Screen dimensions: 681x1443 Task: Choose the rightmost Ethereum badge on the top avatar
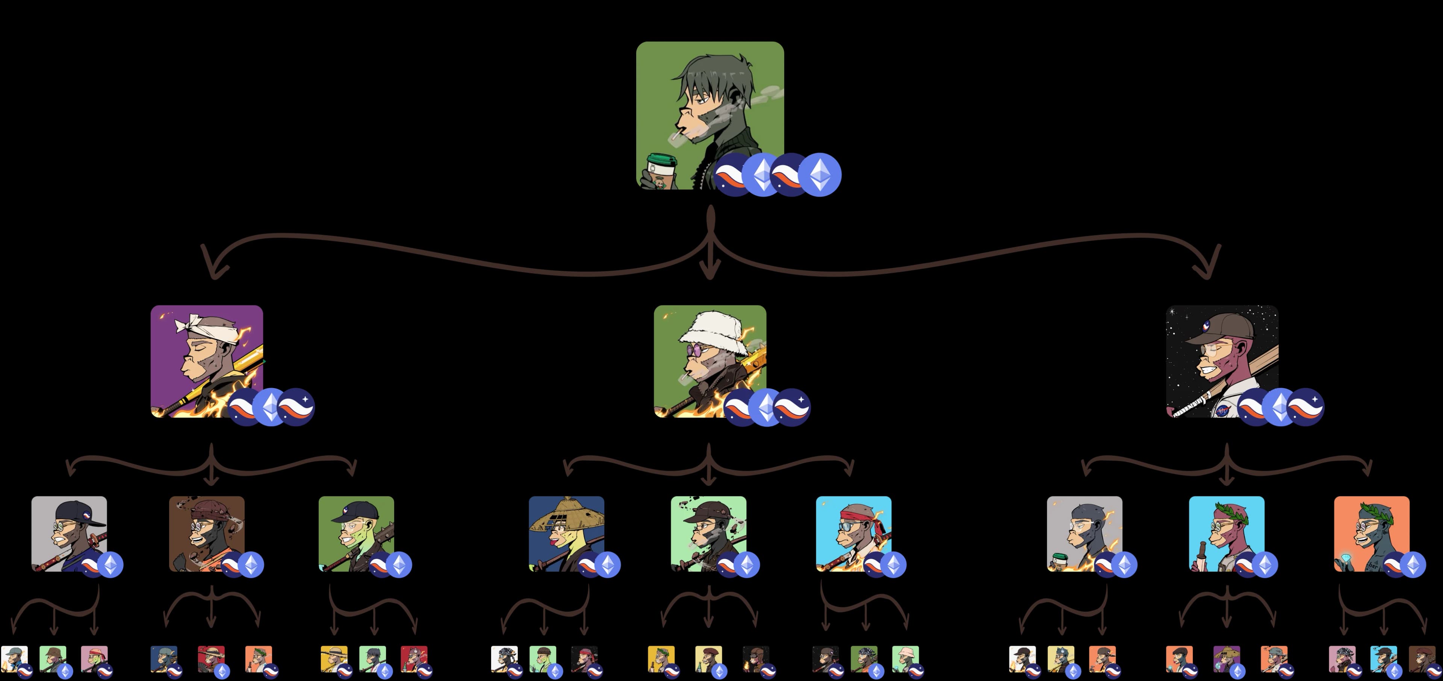[x=820, y=175]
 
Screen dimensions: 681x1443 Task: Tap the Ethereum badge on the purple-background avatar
[x=271, y=407]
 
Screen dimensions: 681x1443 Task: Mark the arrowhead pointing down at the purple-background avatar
[x=213, y=269]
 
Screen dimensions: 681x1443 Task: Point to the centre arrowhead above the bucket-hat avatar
[x=710, y=269]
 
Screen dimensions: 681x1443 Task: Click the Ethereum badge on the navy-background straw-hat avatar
[x=607, y=565]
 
